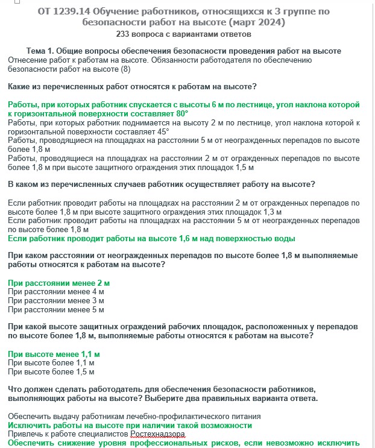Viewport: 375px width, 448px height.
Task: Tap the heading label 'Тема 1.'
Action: click(x=43, y=51)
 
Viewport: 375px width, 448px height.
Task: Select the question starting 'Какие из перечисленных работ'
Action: click(x=132, y=87)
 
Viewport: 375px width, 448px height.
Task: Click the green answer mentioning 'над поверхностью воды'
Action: click(x=151, y=238)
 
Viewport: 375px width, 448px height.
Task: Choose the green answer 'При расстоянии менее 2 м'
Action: click(x=59, y=283)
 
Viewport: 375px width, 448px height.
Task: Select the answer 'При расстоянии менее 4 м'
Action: click(x=56, y=292)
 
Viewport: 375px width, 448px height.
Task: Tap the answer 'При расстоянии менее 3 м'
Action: click(x=56, y=301)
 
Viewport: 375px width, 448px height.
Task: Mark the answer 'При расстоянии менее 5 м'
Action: click(x=56, y=310)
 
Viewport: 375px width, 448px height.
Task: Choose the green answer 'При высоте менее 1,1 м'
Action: click(x=54, y=354)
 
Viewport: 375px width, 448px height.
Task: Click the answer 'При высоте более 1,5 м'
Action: click(x=51, y=372)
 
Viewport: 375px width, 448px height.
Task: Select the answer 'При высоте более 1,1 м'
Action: click(x=51, y=363)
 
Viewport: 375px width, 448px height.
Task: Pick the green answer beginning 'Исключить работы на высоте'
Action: click(x=130, y=425)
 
